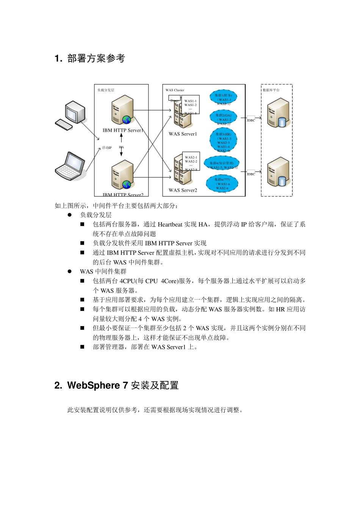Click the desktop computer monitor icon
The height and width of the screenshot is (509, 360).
coord(75,112)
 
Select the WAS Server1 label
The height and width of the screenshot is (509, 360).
coord(183,134)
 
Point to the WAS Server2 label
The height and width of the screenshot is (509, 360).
coord(183,190)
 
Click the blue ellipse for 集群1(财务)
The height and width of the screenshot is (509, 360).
coord(223,97)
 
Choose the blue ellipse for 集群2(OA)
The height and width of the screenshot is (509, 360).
coord(223,117)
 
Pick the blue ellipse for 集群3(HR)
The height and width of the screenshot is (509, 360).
coord(223,140)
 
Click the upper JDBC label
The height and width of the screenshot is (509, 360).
coord(251,120)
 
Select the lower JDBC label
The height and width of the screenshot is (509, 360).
coord(251,174)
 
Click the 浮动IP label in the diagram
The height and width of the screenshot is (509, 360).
coord(106,148)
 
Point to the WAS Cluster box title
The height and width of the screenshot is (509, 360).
coord(175,90)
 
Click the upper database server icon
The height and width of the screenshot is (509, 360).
coord(278,112)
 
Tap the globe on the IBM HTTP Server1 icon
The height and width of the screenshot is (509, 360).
coord(127,120)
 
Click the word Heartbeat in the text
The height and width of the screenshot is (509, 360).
coord(170,225)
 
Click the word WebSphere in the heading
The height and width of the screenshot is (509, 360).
coord(93,386)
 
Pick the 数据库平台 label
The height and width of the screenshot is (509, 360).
coord(271,90)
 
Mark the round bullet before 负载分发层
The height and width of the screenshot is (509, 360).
coord(70,215)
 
